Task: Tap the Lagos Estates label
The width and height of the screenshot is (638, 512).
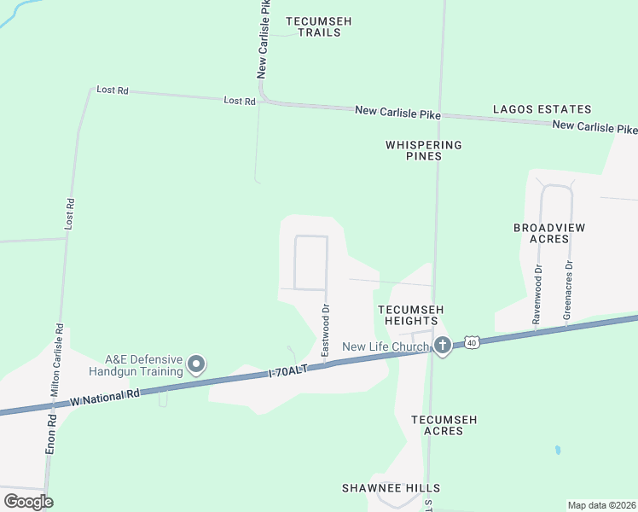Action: pyautogui.click(x=542, y=109)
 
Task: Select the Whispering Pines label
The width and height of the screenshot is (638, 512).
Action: pyautogui.click(x=424, y=150)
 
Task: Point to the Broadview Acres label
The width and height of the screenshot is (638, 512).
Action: pyautogui.click(x=541, y=233)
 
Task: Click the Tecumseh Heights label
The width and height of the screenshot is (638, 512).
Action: pyautogui.click(x=411, y=315)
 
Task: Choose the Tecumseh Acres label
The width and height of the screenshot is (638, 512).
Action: pyautogui.click(x=444, y=425)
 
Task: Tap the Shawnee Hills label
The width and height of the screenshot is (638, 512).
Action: pyautogui.click(x=378, y=487)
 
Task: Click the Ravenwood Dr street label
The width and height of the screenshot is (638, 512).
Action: pyautogui.click(x=537, y=293)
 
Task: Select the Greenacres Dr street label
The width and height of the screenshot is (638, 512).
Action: pyautogui.click(x=568, y=290)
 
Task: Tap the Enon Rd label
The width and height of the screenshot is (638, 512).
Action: pyautogui.click(x=51, y=434)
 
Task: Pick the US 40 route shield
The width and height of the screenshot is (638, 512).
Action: pyautogui.click(x=472, y=343)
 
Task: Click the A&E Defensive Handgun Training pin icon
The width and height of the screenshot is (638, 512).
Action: pyautogui.click(x=196, y=365)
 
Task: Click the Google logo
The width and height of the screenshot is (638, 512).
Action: pyautogui.click(x=28, y=502)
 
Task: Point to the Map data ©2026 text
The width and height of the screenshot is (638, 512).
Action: pyautogui.click(x=601, y=505)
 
